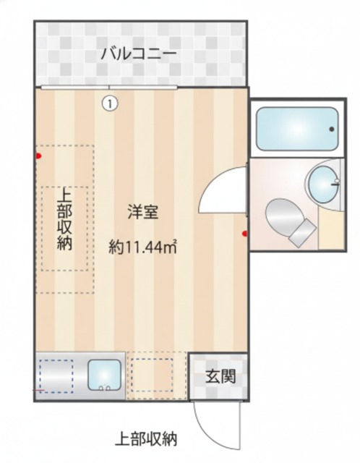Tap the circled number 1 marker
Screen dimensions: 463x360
click(108, 103)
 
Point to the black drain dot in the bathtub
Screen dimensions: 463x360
click(332, 129)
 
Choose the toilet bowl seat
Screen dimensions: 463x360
click(281, 215)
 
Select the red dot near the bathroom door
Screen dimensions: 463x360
click(244, 234)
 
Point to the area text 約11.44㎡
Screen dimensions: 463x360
click(143, 247)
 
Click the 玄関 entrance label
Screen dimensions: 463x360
click(218, 377)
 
